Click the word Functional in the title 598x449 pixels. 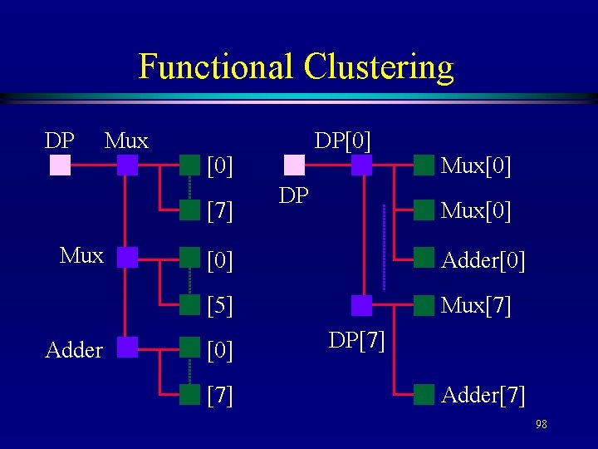(x=216, y=67)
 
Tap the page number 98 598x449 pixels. (x=541, y=425)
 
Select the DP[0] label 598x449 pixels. (x=342, y=138)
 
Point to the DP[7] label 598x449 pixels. (x=356, y=340)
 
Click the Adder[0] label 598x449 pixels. (x=483, y=261)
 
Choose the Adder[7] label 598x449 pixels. (x=483, y=395)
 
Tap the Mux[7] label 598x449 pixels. (x=476, y=306)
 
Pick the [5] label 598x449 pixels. (x=219, y=306)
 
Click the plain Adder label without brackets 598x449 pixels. (x=74, y=350)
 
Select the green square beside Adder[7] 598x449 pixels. (x=424, y=394)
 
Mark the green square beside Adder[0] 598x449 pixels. (x=424, y=258)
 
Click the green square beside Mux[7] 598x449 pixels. (x=424, y=305)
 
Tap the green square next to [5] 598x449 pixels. (x=190, y=305)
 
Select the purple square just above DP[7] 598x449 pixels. (x=361, y=305)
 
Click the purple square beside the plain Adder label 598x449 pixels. (x=127, y=347)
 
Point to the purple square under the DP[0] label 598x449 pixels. (x=361, y=165)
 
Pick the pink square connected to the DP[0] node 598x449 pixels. (x=294, y=165)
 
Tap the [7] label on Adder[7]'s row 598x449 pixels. (x=219, y=395)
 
